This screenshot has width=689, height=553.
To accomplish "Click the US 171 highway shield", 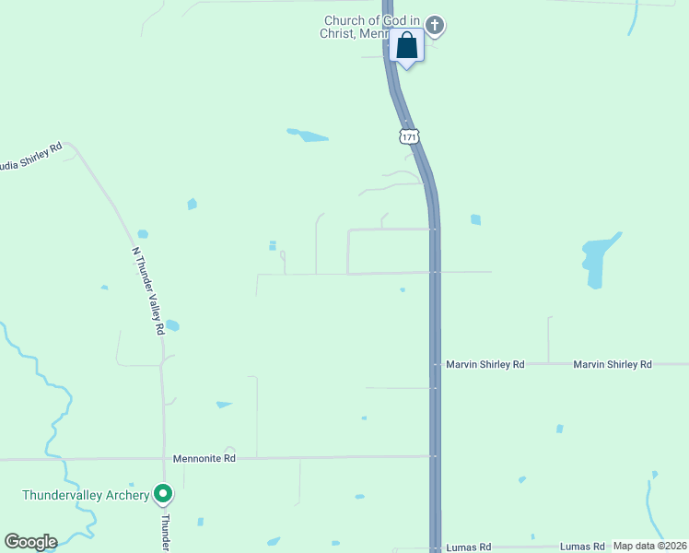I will click(x=410, y=136).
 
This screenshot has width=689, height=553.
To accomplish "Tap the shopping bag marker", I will click(x=406, y=46).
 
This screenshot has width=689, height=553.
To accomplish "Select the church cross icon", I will click(x=435, y=26).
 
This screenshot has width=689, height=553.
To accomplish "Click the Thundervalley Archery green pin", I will click(x=163, y=495).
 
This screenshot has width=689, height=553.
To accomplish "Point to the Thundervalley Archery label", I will click(x=86, y=495).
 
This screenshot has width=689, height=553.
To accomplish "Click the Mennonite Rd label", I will click(x=204, y=458).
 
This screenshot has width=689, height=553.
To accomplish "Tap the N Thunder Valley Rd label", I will click(x=147, y=289).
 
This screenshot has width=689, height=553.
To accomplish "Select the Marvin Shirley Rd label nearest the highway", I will click(x=485, y=365).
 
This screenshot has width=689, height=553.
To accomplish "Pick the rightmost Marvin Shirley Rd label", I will click(x=612, y=365).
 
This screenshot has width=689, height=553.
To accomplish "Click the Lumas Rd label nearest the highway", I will click(x=468, y=547).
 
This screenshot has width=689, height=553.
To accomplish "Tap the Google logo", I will click(x=30, y=542).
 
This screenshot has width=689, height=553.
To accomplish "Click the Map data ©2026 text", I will click(x=650, y=546).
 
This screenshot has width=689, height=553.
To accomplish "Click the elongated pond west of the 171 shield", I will click(x=308, y=135).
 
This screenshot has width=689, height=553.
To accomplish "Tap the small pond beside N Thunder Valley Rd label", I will click(x=171, y=325).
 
